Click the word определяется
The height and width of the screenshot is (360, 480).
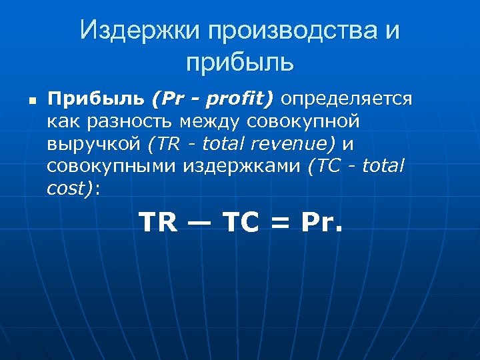347,99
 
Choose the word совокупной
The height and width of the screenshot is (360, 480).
304,122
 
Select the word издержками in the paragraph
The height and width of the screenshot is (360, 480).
243,166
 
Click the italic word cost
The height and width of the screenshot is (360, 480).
68,188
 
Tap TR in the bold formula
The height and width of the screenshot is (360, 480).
159,222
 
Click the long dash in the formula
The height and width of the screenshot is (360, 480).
199,222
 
